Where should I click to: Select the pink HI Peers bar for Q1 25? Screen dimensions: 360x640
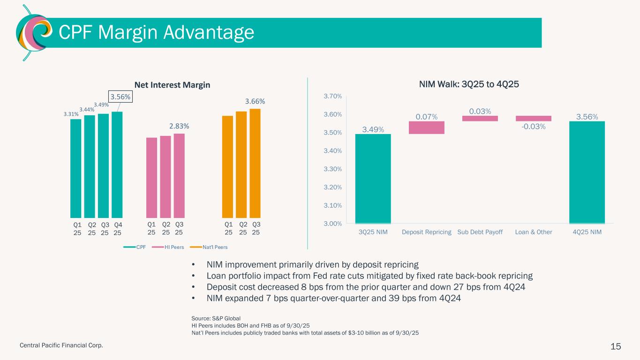[152, 178]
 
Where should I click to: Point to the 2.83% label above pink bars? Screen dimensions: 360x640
[179, 126]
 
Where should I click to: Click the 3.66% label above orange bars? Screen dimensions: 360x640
[255, 101]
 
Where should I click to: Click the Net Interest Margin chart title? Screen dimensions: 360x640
[173, 85]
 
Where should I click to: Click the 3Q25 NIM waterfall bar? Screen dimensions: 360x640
[373, 179]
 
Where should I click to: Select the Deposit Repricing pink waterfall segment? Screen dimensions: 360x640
[427, 127]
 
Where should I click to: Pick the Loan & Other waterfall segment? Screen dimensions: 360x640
[534, 118]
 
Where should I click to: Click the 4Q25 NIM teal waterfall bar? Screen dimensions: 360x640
[587, 172]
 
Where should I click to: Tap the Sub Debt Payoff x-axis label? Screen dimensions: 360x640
[480, 232]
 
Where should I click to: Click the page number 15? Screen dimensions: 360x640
[616, 346]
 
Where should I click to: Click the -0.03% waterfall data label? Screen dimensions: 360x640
[534, 126]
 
